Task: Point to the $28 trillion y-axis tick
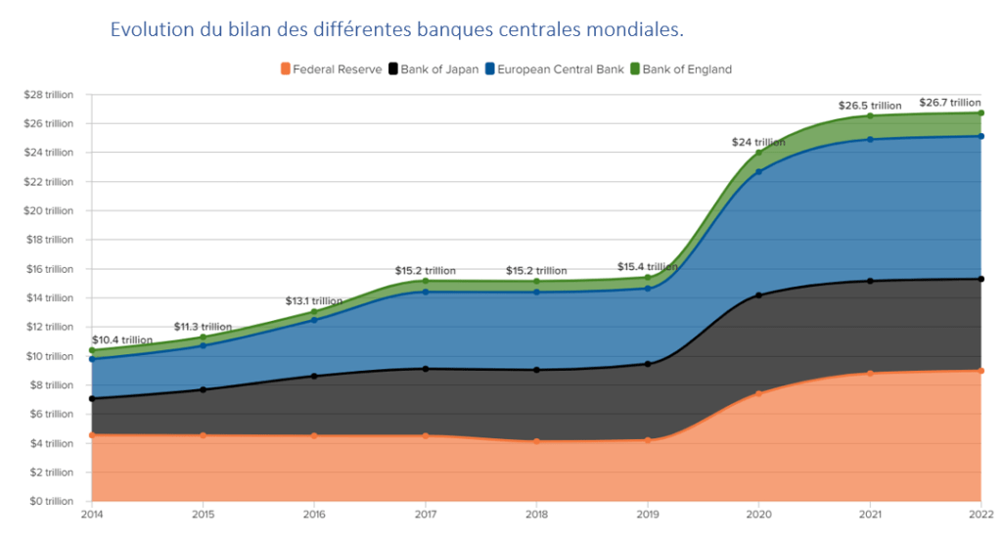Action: (x=48, y=94)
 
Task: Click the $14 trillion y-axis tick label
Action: (x=48, y=297)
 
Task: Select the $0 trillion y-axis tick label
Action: (x=50, y=501)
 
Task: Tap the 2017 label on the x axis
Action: (x=425, y=514)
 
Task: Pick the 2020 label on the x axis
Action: (x=758, y=514)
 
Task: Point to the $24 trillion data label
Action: (x=758, y=142)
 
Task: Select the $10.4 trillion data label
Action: (x=122, y=339)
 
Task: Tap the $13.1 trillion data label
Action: (x=314, y=300)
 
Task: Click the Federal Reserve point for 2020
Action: (x=758, y=393)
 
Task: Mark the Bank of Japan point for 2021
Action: (x=869, y=281)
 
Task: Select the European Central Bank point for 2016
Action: (x=314, y=320)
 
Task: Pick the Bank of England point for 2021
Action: (x=869, y=115)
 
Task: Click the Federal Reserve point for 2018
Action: (x=536, y=441)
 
